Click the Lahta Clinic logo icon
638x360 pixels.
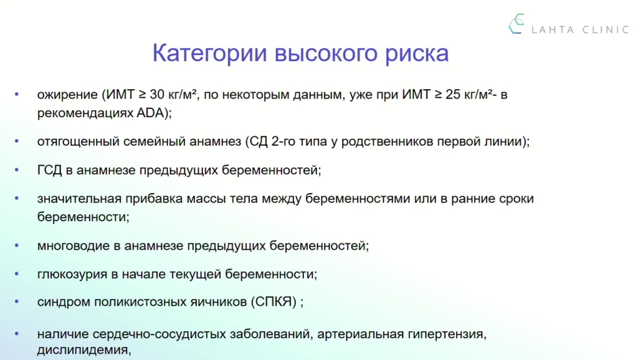point(517,24)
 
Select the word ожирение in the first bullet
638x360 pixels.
point(67,95)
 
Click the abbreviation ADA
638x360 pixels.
point(150,113)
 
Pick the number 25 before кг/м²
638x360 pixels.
point(454,95)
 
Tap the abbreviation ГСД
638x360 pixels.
point(49,169)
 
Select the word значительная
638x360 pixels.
point(79,199)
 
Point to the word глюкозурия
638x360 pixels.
point(72,274)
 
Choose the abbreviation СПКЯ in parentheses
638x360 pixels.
point(274,302)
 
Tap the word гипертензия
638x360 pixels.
point(445,334)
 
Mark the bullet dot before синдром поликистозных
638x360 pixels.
point(17,301)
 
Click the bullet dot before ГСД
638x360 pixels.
point(17,169)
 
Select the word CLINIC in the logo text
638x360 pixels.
point(606,30)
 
